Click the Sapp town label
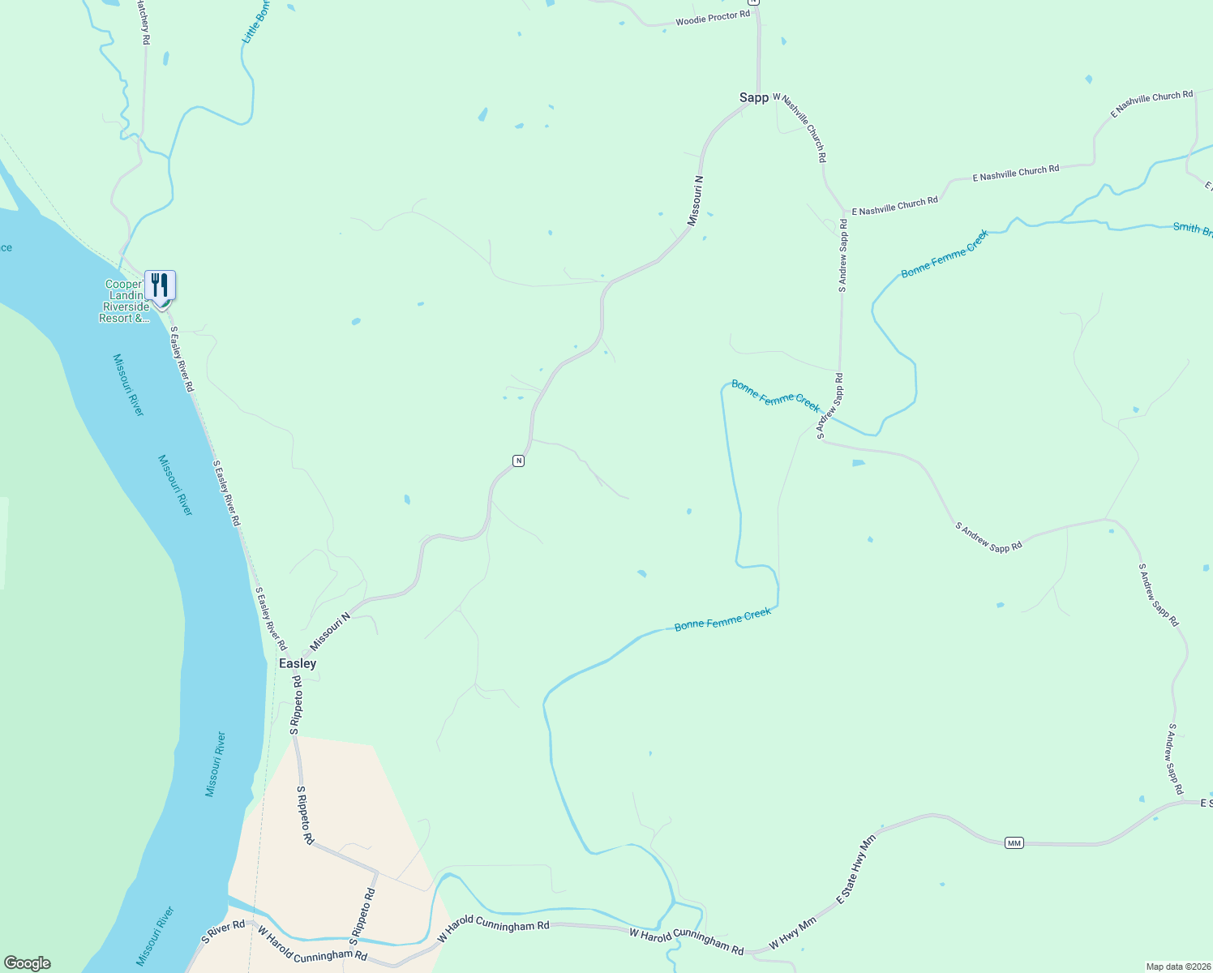click(753, 97)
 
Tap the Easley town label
click(298, 663)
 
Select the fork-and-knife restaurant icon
click(160, 285)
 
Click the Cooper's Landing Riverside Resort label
click(126, 302)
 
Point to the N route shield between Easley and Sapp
click(518, 461)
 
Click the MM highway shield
click(1014, 843)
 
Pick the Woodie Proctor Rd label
click(713, 17)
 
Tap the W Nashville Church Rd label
click(800, 127)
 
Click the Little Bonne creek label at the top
click(255, 23)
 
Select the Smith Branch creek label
click(1193, 229)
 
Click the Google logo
click(28, 963)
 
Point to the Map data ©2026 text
click(1177, 967)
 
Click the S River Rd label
click(223, 932)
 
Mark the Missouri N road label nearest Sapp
click(695, 200)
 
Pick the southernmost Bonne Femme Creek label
click(722, 619)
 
